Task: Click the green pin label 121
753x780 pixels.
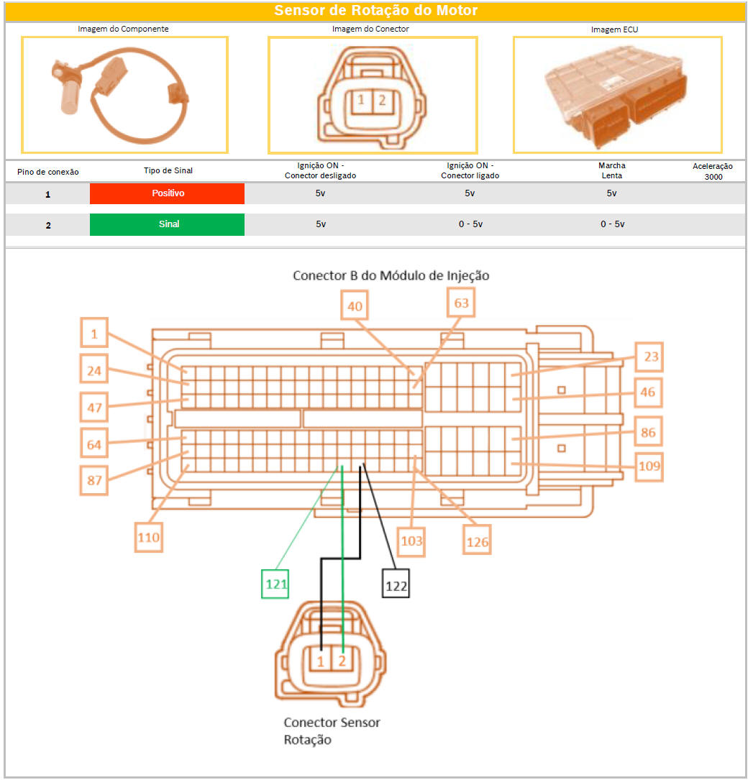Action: pos(275,584)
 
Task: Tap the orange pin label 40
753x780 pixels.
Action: pos(355,306)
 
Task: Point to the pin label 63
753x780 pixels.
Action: pos(461,303)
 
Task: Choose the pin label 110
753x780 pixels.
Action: pos(149,537)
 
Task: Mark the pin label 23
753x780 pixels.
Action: pos(649,357)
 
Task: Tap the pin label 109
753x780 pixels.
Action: pos(649,467)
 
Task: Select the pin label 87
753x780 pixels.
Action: pos(94,480)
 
